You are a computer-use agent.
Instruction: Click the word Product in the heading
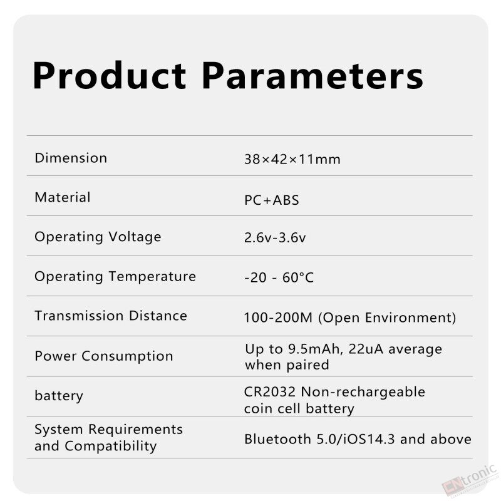[110, 75]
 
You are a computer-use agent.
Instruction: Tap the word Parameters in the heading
[312, 75]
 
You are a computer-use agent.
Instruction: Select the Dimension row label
[71, 158]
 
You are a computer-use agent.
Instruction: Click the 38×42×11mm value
[292, 159]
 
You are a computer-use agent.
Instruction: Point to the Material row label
[63, 197]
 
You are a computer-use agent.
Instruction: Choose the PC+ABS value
[272, 200]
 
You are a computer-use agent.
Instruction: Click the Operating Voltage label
[98, 237]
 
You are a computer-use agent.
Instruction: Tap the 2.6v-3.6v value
[275, 237]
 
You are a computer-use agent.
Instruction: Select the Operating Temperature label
[115, 277]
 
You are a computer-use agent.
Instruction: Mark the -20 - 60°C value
[279, 277]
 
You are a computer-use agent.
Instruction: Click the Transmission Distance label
[111, 316]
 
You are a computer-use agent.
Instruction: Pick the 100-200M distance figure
[278, 318]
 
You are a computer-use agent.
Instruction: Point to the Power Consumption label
[104, 356]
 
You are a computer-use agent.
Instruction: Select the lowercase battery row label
[59, 396]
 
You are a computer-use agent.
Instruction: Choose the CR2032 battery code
[270, 392]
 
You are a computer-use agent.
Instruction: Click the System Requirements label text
[108, 430]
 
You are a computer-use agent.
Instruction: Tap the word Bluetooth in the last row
[277, 440]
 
